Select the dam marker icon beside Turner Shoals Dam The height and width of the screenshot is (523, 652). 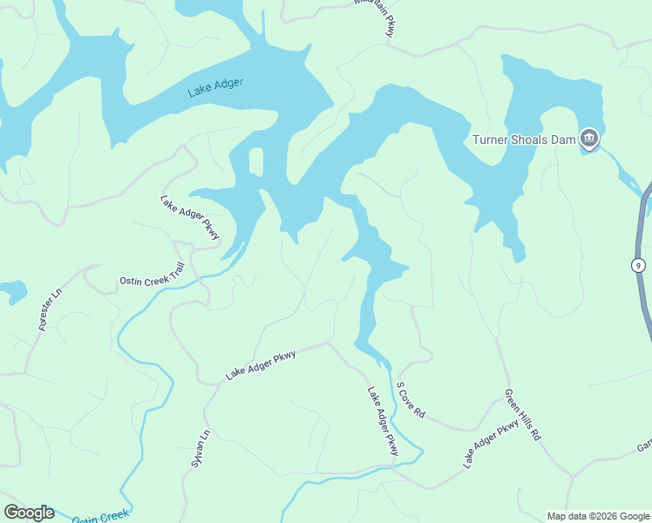590,138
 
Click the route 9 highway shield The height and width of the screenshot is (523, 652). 639,265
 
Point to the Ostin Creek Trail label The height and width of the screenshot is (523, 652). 153,274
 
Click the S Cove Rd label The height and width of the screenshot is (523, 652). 410,400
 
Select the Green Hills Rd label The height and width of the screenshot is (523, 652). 523,414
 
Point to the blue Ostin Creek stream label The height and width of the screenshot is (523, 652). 100,518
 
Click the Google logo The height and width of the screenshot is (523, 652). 29,513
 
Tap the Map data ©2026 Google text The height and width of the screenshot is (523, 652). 598,516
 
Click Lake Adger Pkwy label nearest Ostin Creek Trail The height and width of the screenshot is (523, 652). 190,220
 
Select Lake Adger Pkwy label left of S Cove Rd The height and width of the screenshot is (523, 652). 383,421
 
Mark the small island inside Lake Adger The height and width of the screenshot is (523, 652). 256,161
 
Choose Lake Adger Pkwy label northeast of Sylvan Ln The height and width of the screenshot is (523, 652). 261,364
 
